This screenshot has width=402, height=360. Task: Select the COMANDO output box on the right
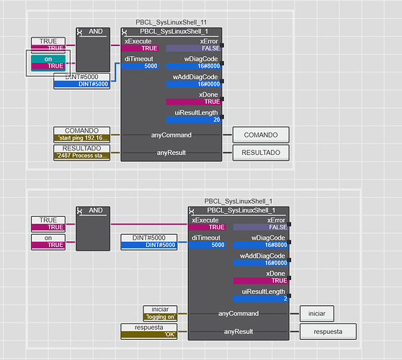coord(261,135)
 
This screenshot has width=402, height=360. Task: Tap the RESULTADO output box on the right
coord(261,153)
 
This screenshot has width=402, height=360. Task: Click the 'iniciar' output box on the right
coord(317,313)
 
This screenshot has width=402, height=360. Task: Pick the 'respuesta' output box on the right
coord(328,331)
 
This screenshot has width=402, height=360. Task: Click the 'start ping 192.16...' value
coord(82,138)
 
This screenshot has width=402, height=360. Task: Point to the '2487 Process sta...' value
coord(82,156)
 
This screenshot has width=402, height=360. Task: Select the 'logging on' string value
coord(160,317)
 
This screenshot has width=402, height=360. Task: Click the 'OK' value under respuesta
coord(149,334)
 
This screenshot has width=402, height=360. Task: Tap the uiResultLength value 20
coord(194,120)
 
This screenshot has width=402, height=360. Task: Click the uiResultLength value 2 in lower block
coord(261,299)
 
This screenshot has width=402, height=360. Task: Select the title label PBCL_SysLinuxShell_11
coord(171,22)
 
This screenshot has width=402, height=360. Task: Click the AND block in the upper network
coord(93,50)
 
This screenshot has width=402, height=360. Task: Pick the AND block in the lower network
coord(93,228)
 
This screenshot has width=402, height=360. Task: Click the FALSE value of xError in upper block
coord(194,48)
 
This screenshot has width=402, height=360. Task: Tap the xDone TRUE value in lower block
coord(261,281)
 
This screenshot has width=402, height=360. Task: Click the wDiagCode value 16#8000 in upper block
coord(194,66)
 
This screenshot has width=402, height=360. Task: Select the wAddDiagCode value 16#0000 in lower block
coord(261,263)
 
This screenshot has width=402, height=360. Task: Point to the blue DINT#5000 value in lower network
coord(149,246)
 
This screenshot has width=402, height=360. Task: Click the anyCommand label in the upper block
coord(171,135)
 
